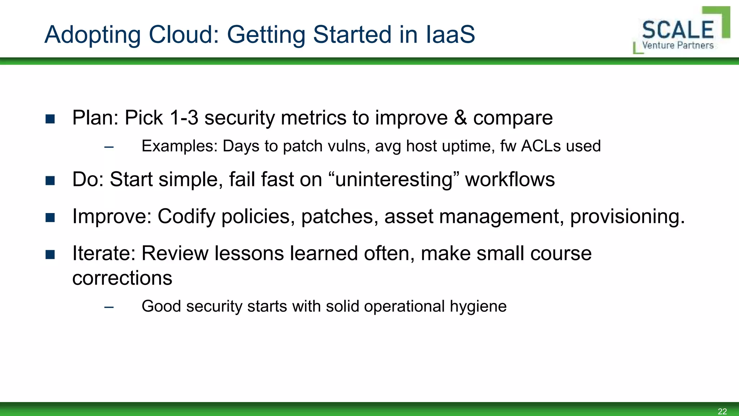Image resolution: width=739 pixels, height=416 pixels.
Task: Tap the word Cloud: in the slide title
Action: tap(184, 35)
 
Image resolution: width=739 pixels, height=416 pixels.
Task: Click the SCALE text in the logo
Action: tap(678, 30)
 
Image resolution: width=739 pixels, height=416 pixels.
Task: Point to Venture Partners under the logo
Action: tap(678, 45)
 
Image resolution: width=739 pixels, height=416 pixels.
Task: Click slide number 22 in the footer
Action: tap(722, 411)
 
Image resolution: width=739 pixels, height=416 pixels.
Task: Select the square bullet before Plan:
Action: tap(50, 119)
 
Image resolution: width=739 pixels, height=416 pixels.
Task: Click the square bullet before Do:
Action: tap(50, 181)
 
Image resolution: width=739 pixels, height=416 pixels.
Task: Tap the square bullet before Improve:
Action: tap(50, 217)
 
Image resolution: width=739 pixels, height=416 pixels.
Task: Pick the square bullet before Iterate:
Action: tap(50, 255)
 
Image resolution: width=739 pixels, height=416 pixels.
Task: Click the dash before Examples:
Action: tap(109, 147)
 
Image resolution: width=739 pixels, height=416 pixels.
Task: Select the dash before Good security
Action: tap(109, 307)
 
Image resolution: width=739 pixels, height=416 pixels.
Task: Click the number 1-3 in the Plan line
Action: tap(184, 118)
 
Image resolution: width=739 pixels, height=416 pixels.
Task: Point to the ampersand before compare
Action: tap(460, 118)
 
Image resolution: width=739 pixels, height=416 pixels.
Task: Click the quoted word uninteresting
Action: tap(394, 180)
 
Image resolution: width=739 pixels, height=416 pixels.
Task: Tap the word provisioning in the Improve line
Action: tap(627, 217)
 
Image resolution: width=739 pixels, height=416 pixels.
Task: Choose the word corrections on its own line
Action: tap(122, 278)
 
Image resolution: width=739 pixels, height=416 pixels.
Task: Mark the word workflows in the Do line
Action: tap(510, 179)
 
